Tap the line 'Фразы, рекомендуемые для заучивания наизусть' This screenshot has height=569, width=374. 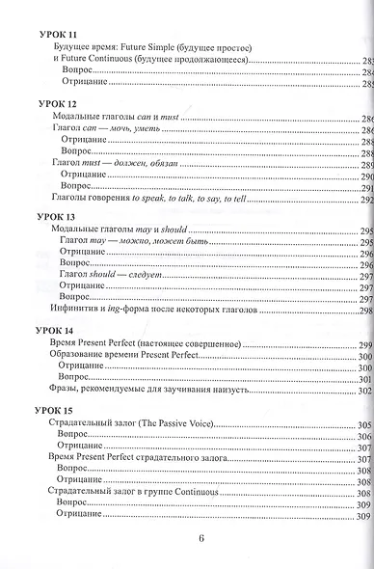click(142, 390)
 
